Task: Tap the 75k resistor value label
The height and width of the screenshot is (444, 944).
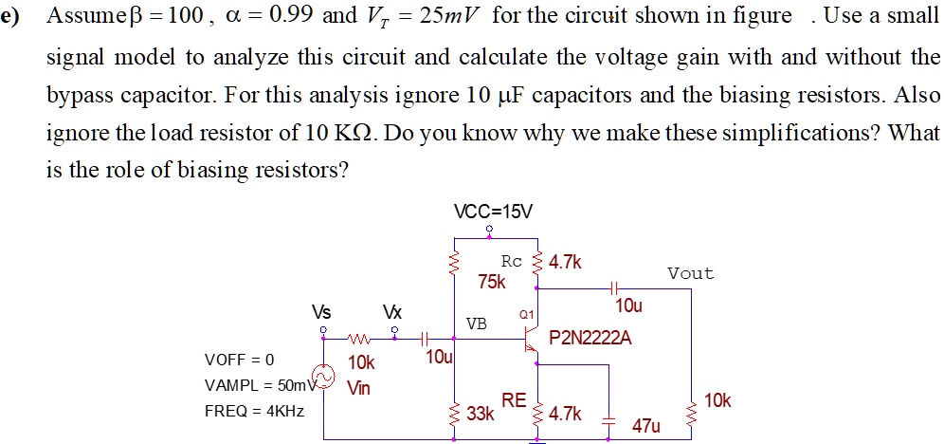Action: coord(492,282)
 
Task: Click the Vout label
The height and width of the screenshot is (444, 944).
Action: coord(690,273)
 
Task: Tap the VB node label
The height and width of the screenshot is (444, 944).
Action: coord(476,324)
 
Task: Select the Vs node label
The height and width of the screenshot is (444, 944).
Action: coord(322,312)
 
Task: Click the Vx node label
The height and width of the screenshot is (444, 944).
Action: coord(391,312)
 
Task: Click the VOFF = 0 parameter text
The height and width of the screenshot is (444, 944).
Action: coord(239,360)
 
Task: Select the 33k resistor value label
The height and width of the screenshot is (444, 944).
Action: coord(481,414)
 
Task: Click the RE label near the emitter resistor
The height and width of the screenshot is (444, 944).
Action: coord(514,401)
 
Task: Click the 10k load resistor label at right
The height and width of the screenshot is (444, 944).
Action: coord(717,400)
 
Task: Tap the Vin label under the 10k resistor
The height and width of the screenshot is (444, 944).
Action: coord(359,387)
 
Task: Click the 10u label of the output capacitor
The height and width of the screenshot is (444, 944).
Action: coord(628,306)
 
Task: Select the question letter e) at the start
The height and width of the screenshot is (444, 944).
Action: coord(14,16)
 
